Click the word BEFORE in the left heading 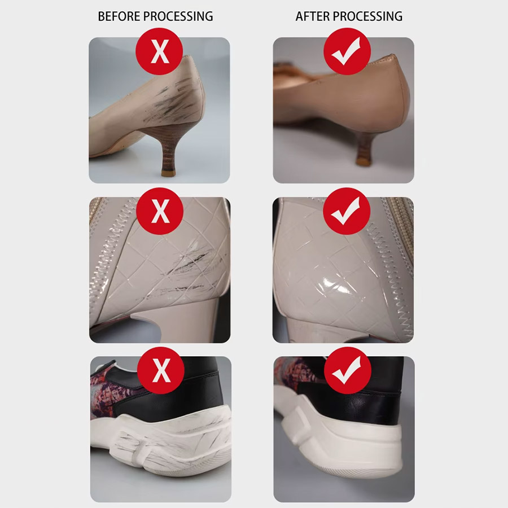[x=119, y=16]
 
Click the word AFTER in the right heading [x=313, y=16]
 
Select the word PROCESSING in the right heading [x=367, y=16]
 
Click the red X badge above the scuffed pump [x=159, y=51]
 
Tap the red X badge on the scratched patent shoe [x=160, y=211]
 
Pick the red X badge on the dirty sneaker [x=161, y=370]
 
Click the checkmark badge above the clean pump [x=347, y=51]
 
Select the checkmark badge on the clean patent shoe [x=347, y=211]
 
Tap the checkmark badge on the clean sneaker [x=348, y=370]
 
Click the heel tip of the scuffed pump [x=168, y=173]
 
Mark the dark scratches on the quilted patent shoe [x=188, y=272]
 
